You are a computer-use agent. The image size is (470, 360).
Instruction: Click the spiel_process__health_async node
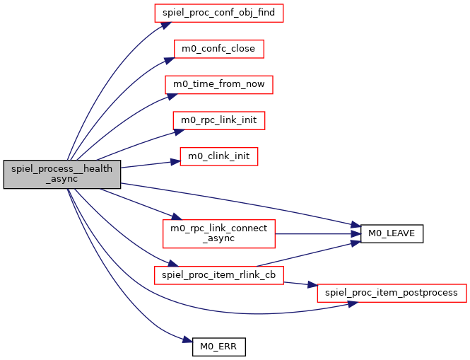(x=61, y=174)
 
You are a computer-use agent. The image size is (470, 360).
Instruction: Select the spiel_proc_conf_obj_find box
(x=219, y=13)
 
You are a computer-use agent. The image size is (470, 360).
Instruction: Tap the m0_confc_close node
(x=219, y=48)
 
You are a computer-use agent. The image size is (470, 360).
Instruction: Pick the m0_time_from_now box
(x=219, y=84)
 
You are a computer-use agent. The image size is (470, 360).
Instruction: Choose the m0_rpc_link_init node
(x=219, y=120)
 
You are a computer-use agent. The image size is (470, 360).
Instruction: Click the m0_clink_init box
(x=219, y=156)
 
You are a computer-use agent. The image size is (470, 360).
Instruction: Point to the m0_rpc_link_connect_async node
(x=219, y=233)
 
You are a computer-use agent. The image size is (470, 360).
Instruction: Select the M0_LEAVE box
(x=392, y=233)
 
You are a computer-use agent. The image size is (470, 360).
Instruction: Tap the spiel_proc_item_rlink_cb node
(x=219, y=274)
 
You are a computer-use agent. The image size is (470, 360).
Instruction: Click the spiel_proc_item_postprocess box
(x=392, y=292)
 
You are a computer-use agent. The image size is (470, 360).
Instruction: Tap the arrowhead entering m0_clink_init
(x=175, y=162)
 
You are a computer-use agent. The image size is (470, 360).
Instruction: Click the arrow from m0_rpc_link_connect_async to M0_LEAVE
(x=318, y=233)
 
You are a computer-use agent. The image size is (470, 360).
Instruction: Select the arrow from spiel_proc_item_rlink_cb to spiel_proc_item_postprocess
(x=300, y=284)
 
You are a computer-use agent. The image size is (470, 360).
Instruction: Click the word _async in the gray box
(x=61, y=180)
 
